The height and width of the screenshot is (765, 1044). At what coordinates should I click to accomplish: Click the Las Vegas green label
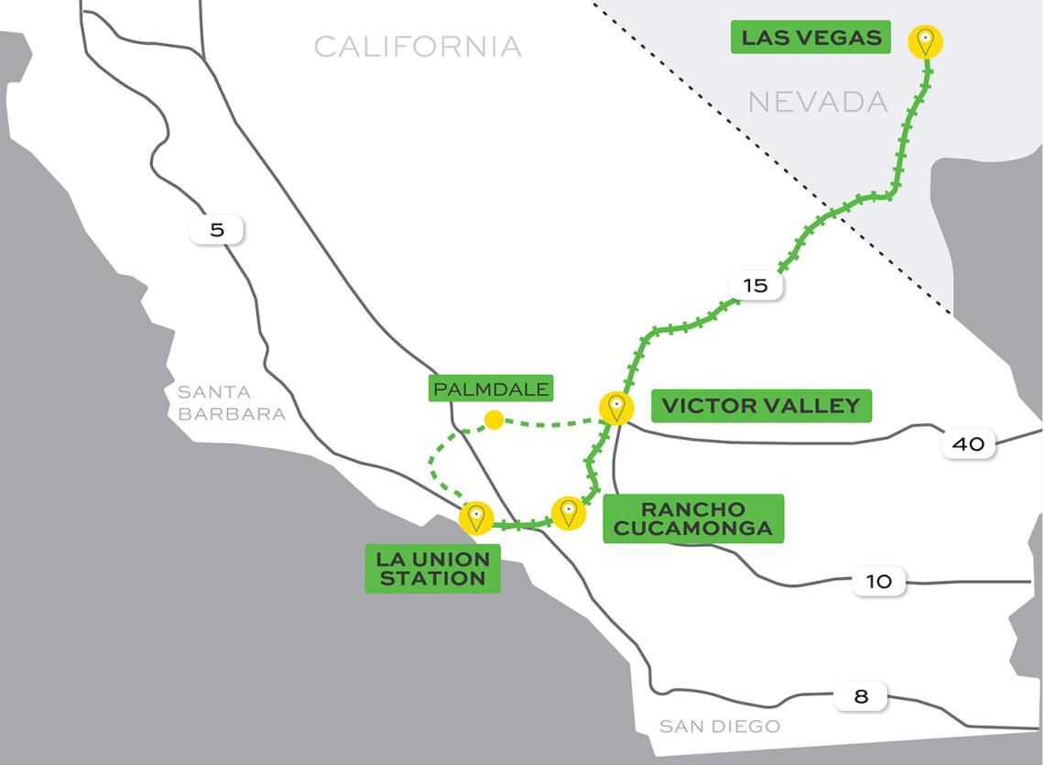coord(810,38)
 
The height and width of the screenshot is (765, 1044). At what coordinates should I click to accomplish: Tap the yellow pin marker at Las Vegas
coord(925,41)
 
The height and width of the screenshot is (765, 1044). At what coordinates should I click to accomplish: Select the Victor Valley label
coord(761,406)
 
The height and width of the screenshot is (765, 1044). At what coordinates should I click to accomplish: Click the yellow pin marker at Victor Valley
coord(616,407)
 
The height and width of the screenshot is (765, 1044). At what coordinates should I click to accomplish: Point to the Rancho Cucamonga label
coord(693,519)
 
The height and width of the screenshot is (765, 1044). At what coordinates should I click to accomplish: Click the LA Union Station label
coord(432,568)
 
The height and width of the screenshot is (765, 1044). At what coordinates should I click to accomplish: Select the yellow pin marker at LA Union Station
coord(475,518)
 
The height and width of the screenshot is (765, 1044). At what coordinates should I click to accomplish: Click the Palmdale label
coord(492,389)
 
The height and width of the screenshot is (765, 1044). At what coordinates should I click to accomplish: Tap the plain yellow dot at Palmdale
coord(494,421)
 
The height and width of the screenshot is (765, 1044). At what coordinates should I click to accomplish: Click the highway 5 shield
coord(217,230)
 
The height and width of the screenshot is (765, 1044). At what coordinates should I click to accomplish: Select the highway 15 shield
coord(756,286)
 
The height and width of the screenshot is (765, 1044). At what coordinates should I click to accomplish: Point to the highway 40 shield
coord(968,444)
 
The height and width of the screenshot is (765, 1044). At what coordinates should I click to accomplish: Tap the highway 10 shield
coord(878,582)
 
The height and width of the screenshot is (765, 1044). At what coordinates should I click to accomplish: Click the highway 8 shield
coord(861,696)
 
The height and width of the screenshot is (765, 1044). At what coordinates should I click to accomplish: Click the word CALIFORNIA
coord(418,47)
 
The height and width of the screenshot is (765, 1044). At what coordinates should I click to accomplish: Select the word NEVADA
coord(818,102)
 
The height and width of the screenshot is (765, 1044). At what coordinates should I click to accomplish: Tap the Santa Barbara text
coord(231,403)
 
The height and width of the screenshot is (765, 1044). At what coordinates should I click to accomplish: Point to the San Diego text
coord(720,727)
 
